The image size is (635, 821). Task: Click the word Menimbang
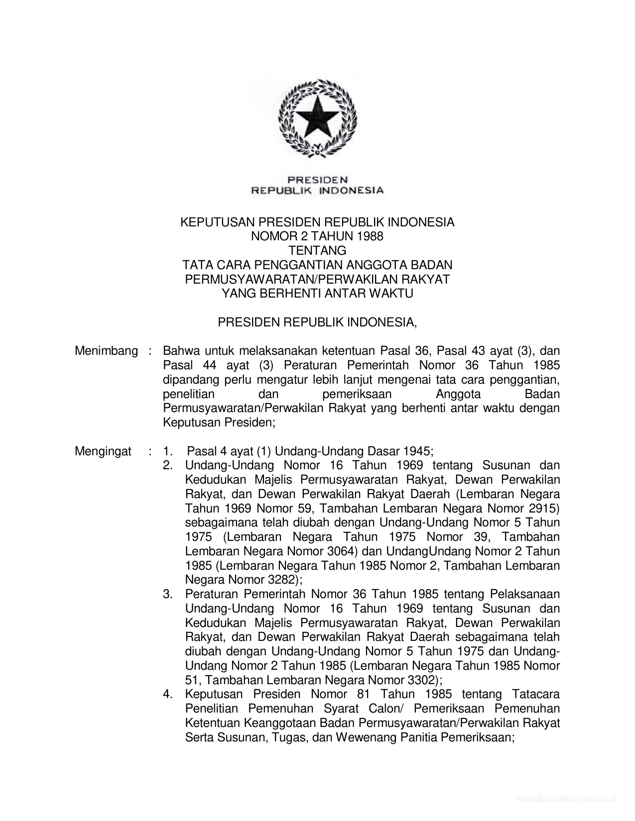coord(106,351)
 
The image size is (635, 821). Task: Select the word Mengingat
coord(103,451)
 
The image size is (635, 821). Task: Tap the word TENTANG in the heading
coord(317,250)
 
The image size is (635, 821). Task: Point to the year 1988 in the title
coord(370,236)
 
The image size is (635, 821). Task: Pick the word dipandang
coord(187,380)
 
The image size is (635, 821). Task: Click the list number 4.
coord(168,695)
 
